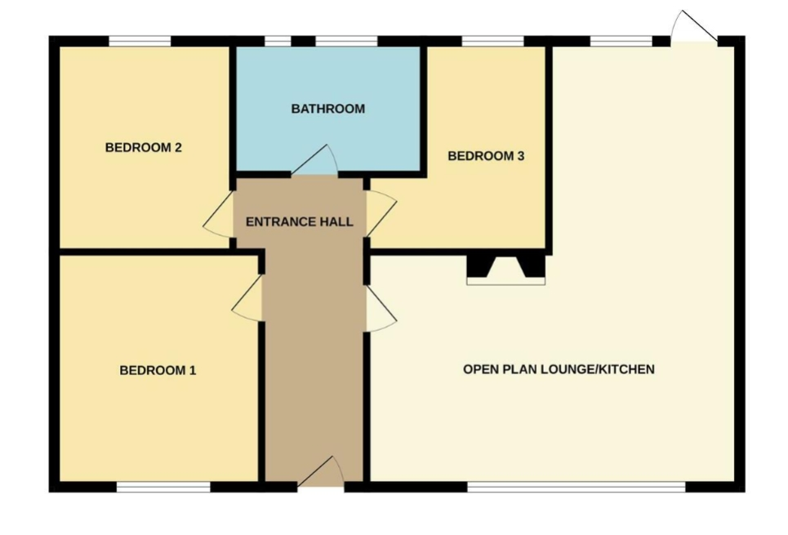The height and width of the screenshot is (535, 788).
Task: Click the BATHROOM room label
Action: click(x=328, y=109)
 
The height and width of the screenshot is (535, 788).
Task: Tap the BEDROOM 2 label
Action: click(x=143, y=147)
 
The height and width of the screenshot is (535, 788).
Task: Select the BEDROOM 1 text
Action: click(x=158, y=371)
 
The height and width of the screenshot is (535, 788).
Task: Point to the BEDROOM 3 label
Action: click(x=486, y=156)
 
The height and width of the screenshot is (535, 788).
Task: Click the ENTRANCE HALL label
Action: click(x=300, y=221)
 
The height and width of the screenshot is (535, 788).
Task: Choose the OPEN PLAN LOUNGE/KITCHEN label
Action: click(x=559, y=369)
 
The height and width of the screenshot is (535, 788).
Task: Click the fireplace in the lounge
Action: click(x=506, y=270)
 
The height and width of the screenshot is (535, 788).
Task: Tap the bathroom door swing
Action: click(x=314, y=160)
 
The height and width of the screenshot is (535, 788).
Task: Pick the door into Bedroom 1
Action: click(x=247, y=297)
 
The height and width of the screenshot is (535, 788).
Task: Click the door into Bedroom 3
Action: click(x=381, y=214)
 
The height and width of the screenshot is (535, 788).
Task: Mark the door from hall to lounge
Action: click(x=381, y=308)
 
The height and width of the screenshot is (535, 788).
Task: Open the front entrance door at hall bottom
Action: click(x=321, y=472)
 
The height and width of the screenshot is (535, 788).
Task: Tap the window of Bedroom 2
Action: click(x=140, y=41)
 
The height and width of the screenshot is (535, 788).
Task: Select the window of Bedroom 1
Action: click(x=163, y=487)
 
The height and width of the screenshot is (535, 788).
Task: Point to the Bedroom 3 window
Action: click(x=493, y=41)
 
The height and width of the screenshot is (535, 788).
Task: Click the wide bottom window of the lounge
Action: click(x=577, y=487)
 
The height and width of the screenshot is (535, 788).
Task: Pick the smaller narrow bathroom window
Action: click(x=278, y=41)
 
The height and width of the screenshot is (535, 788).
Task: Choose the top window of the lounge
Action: click(x=621, y=41)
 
